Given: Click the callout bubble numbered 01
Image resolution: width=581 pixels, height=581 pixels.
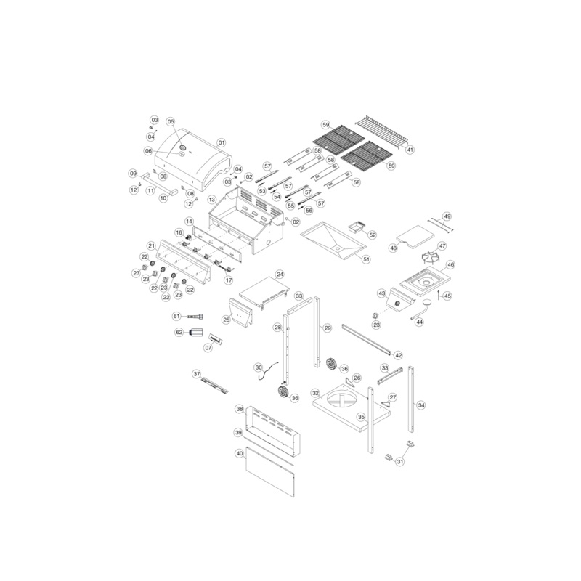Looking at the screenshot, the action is coord(222,142).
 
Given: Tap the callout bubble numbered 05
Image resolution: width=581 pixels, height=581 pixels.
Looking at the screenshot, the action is coord(171,121).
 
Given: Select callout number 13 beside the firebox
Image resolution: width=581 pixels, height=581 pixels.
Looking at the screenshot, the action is coord(211,200).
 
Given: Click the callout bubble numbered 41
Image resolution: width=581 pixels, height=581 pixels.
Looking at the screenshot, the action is coord(410,150).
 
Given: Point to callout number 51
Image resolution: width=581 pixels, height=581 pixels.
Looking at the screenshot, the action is coord(366,259).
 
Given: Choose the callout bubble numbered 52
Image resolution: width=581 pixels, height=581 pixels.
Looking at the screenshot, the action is coord(373,235).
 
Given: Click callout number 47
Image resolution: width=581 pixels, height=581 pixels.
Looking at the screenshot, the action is coord(442,246).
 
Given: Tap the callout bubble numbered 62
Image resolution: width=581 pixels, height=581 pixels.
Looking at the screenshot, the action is coord(179,333).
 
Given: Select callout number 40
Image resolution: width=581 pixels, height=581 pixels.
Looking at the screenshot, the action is coord(240,453).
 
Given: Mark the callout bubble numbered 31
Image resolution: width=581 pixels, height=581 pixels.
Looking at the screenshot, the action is coord(400,461).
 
